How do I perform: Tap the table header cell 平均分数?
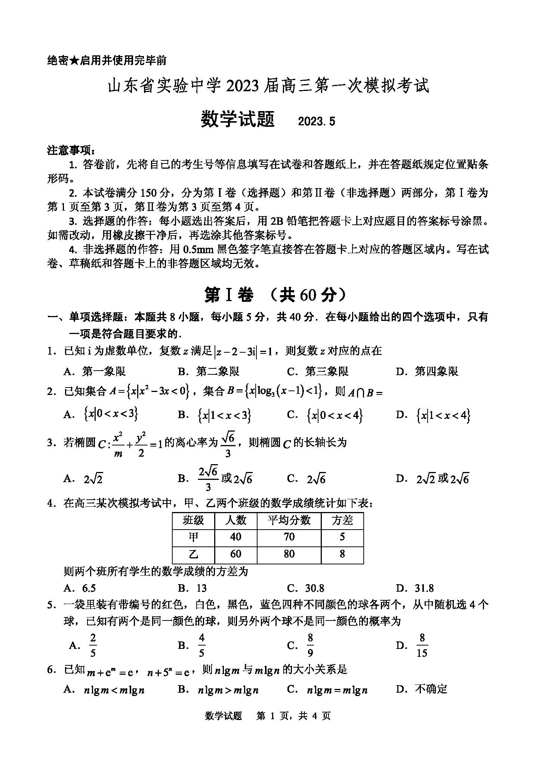tap(289, 520)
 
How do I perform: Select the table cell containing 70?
tap(289, 537)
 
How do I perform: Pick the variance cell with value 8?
tap(342, 554)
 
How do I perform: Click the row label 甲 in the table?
tap(193, 537)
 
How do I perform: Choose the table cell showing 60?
tap(235, 554)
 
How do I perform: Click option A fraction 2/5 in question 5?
tap(93, 646)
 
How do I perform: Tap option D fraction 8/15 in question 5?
tap(422, 646)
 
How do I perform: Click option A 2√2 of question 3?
tap(93, 479)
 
